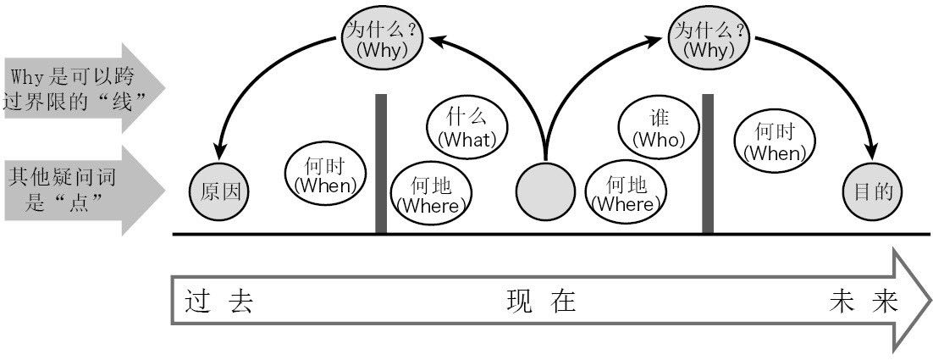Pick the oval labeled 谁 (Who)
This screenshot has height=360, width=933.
click(x=659, y=129)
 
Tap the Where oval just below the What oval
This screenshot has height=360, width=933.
click(x=433, y=195)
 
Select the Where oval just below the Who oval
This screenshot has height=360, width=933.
click(x=624, y=195)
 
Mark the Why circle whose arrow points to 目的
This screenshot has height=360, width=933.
click(x=709, y=39)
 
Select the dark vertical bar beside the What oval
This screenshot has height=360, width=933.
click(x=381, y=163)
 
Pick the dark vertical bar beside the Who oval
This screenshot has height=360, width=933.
click(x=708, y=163)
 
